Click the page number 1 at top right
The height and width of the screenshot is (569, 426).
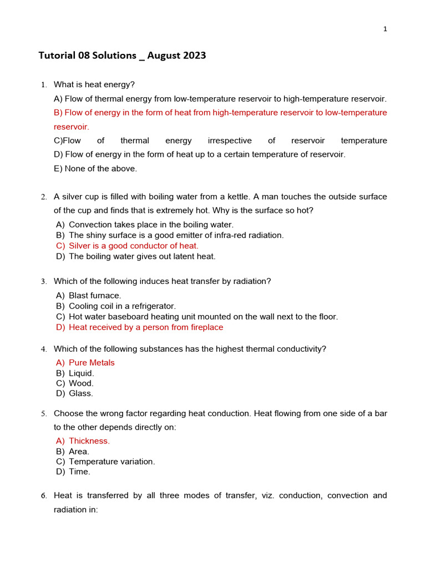(385, 29)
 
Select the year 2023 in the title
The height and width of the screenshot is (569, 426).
(194, 56)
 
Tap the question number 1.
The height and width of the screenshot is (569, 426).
(43, 85)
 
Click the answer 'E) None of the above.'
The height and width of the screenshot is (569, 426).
(95, 168)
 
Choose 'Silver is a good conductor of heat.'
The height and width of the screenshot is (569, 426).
(133, 246)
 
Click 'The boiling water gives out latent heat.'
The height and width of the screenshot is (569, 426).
(142, 256)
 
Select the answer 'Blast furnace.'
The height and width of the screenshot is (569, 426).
(95, 296)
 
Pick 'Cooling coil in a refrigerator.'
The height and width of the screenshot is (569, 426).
(122, 306)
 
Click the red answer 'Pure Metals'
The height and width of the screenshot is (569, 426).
(92, 363)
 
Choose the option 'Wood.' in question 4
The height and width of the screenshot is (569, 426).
(81, 383)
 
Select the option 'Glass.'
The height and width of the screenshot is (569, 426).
(81, 393)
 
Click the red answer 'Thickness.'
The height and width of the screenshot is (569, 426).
(89, 441)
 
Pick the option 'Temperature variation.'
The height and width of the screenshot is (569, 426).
(111, 462)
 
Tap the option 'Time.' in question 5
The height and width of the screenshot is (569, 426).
(79, 472)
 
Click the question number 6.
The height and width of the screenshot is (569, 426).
(43, 496)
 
